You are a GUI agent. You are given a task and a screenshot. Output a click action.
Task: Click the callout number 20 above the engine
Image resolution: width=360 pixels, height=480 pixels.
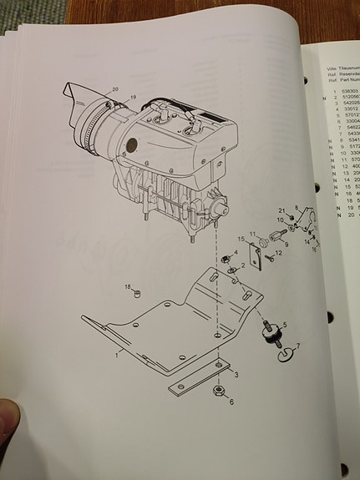pyautogui.click(x=114, y=88)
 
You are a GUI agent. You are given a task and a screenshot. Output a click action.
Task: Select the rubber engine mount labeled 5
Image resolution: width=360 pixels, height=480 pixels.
pyautogui.click(x=271, y=333)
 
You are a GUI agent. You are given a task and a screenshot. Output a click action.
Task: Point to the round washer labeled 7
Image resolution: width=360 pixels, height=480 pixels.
pyautogui.click(x=288, y=355)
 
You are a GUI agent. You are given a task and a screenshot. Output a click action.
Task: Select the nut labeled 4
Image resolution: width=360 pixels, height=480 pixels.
pyautogui.click(x=226, y=260)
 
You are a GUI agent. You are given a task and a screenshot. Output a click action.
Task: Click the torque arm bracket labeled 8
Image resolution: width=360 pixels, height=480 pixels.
pyautogui.click(x=305, y=226)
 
